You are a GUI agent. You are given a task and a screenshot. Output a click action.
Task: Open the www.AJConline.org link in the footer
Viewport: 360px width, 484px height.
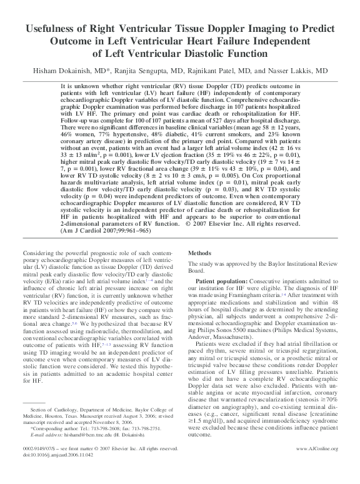(x=315, y=466)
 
